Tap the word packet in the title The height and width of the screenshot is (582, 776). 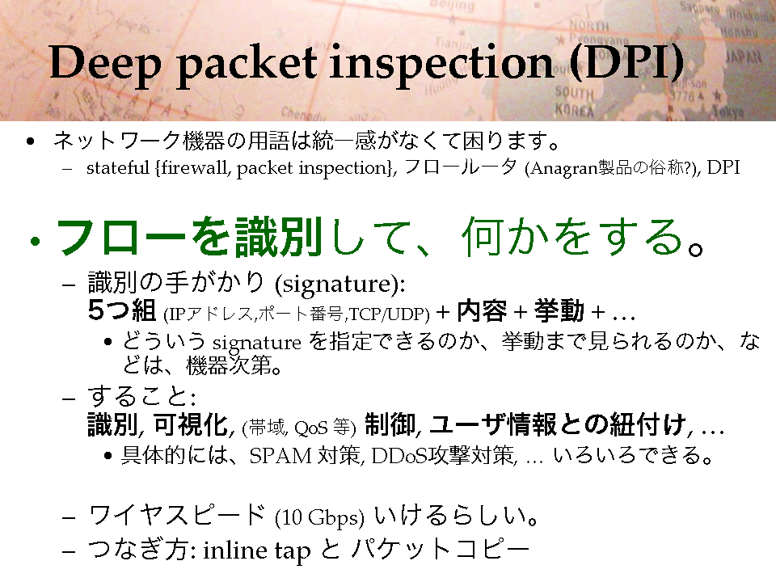pos(247,65)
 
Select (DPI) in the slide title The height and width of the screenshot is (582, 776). pos(626,63)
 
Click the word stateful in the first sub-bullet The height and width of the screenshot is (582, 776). pos(117,168)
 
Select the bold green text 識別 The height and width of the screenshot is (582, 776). pos(279,237)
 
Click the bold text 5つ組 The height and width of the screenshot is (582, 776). pos(122,310)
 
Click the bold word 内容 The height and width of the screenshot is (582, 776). pos(482,310)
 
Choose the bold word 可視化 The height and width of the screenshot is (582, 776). pos(191,424)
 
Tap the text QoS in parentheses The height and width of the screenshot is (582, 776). pos(310,427)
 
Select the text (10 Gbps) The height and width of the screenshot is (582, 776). pos(320,517)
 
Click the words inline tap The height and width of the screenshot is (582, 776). pos(257,550)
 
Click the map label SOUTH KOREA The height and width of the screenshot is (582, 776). pos(574,101)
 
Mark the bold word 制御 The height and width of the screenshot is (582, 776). pos(390,424)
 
